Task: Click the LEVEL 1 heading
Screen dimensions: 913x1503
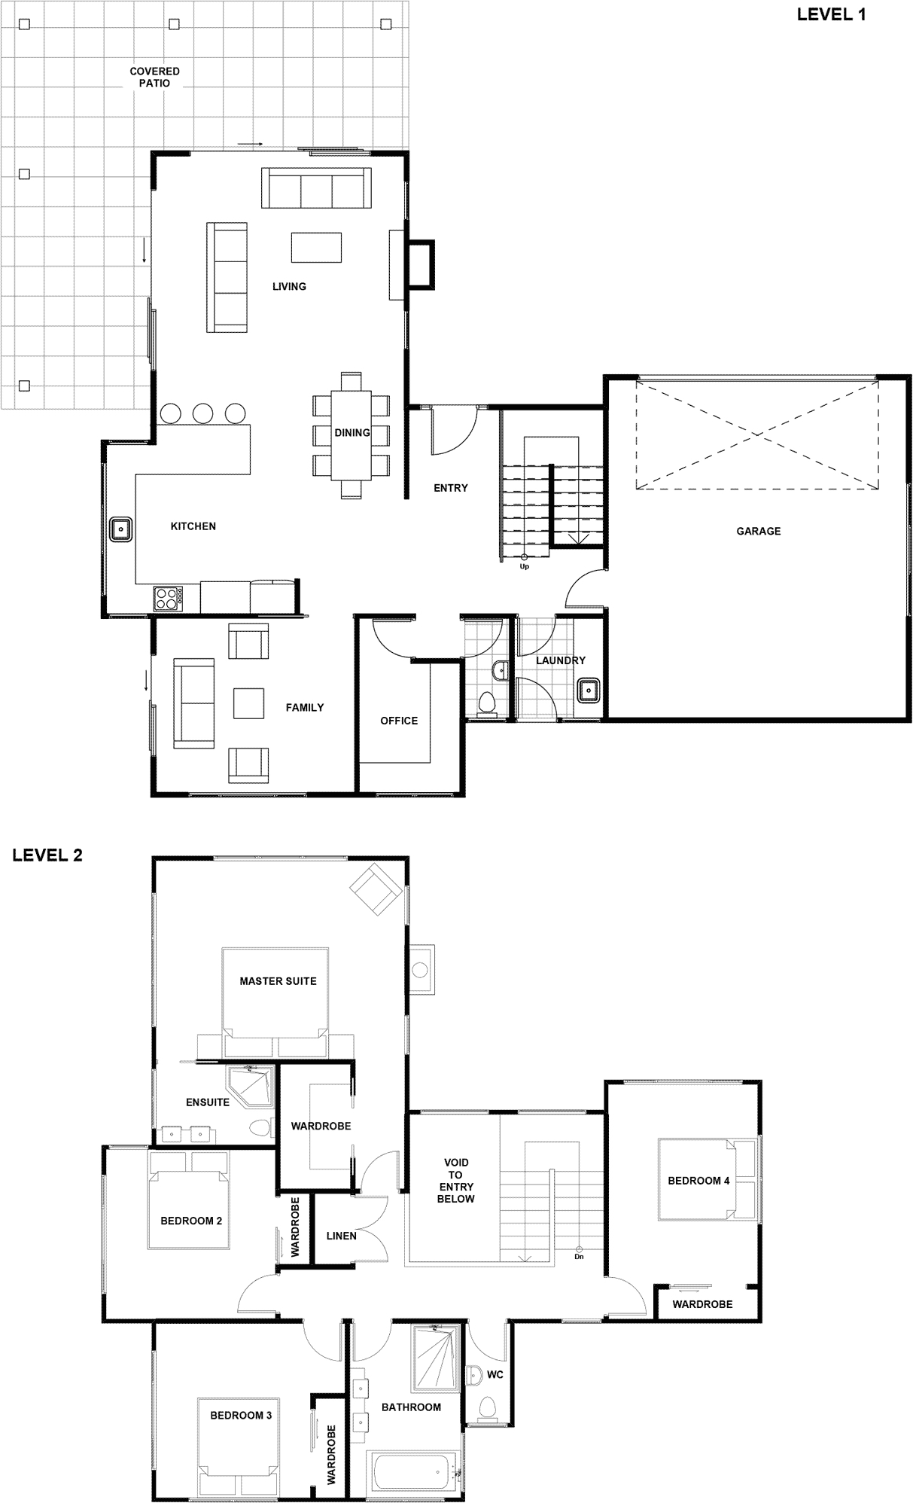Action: point(832,14)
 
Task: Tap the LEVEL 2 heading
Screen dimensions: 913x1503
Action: point(47,855)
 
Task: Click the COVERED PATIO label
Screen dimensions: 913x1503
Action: point(154,78)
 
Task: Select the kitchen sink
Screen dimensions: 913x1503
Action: point(121,529)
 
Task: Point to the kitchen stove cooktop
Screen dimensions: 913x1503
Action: point(168,599)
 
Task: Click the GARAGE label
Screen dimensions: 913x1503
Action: point(758,531)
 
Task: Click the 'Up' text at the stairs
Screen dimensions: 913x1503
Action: point(525,566)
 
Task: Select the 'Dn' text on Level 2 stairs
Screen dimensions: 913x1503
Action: point(579,1256)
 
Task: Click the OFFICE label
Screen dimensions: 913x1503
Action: point(399,721)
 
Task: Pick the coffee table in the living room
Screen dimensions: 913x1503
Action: point(316,247)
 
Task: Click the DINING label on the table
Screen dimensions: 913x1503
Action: point(352,433)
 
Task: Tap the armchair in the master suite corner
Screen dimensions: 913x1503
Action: point(375,889)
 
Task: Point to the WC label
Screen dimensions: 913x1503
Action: point(495,1374)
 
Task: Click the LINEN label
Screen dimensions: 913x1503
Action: point(342,1236)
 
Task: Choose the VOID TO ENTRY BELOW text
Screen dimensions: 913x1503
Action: point(455,1181)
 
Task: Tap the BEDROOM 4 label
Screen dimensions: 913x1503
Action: point(698,1181)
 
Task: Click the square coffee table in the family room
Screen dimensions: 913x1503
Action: point(248,703)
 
